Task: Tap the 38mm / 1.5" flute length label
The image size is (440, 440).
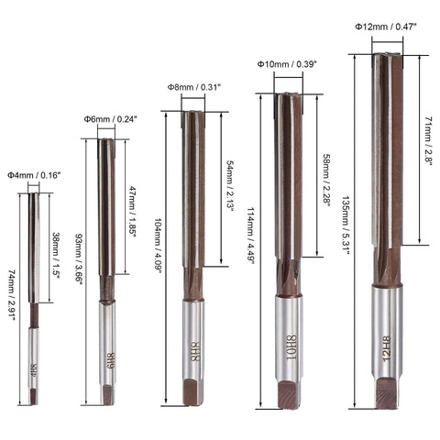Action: (57, 249)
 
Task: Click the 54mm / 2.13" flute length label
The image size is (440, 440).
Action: (228, 183)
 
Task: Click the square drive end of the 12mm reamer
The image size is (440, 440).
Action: (386, 391)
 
